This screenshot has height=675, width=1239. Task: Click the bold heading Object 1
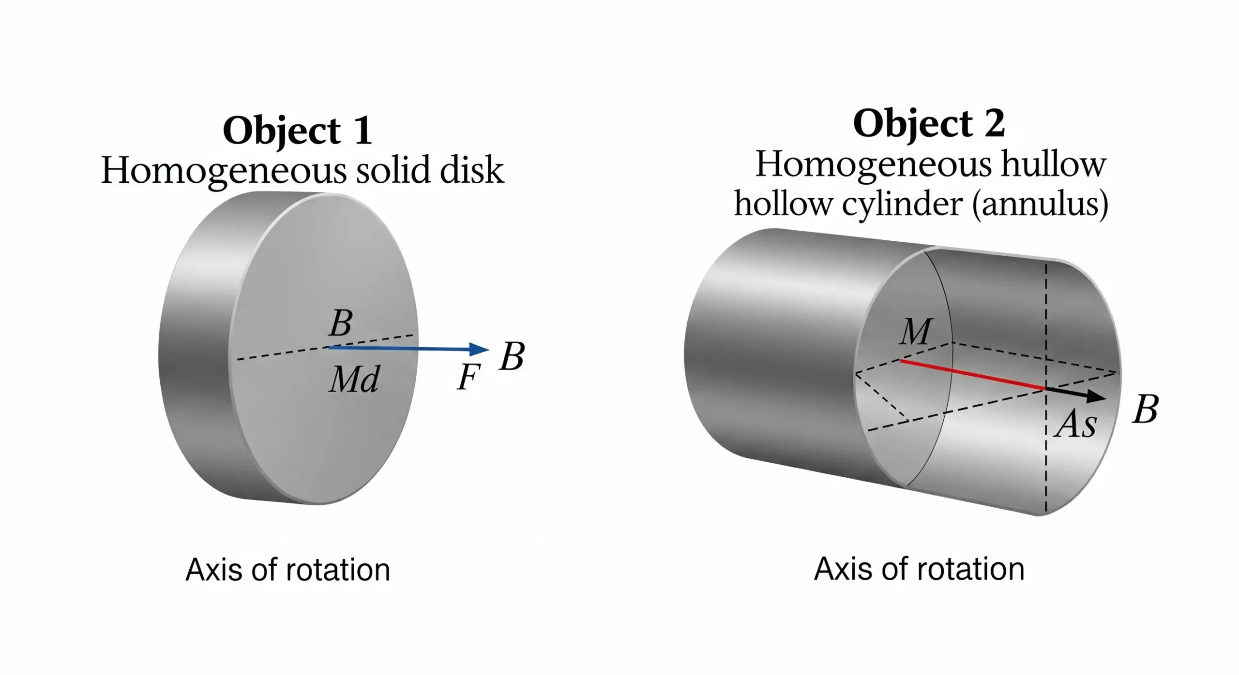pos(297,131)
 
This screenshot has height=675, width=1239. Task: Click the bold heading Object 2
pos(928,124)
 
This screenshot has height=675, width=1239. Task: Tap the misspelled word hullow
pos(1053,165)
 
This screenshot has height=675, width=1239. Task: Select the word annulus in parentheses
pos(1040,204)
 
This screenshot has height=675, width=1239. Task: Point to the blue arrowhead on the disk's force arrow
pos(479,349)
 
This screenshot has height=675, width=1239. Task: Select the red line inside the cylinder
pos(973,375)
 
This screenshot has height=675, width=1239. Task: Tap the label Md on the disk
pos(354,379)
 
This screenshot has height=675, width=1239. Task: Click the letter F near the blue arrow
pos(468,377)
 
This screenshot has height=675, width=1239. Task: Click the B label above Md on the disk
pos(341,323)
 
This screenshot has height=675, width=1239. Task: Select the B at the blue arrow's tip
pos(512,357)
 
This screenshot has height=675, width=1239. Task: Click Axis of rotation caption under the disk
pos(287,570)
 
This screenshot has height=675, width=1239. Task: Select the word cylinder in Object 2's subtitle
pos(902,204)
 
